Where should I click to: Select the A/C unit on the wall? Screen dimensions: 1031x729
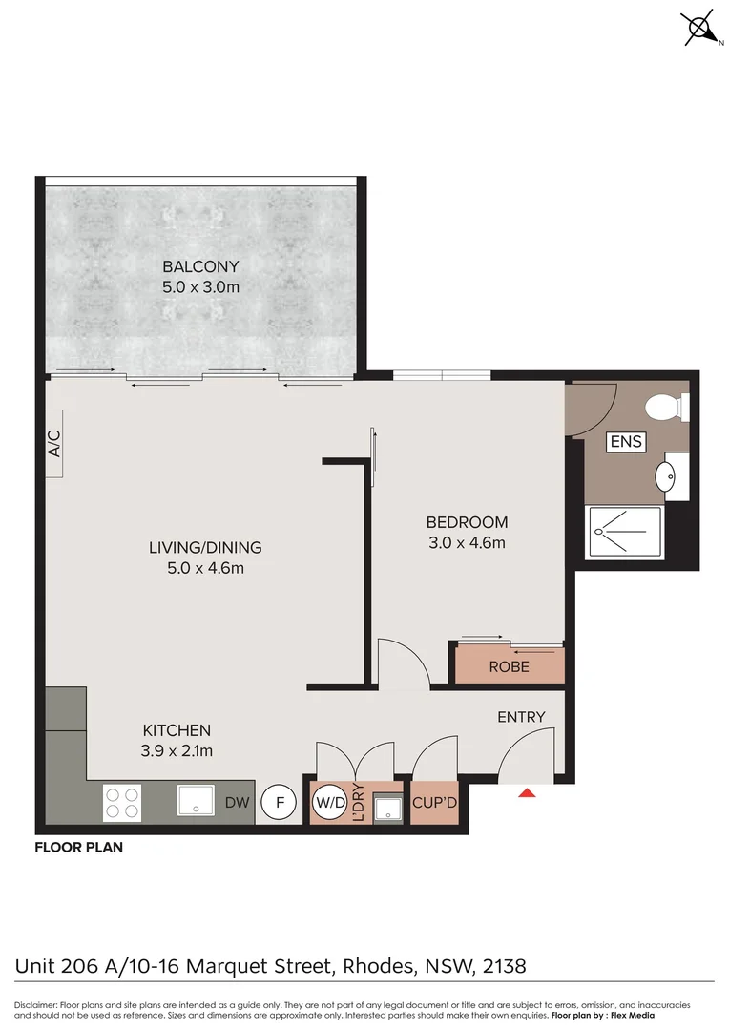54,442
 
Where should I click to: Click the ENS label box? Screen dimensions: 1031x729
626,442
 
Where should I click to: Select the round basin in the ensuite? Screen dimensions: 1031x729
668,474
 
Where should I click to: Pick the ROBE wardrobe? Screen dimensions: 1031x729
509,666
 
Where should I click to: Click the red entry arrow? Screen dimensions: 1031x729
527,791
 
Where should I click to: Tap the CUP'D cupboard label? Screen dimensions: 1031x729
434,804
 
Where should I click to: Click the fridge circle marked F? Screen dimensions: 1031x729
280,803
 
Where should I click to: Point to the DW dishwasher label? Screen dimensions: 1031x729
238,804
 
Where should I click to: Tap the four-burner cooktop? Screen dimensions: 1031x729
122,803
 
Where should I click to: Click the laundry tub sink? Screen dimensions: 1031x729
386,808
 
